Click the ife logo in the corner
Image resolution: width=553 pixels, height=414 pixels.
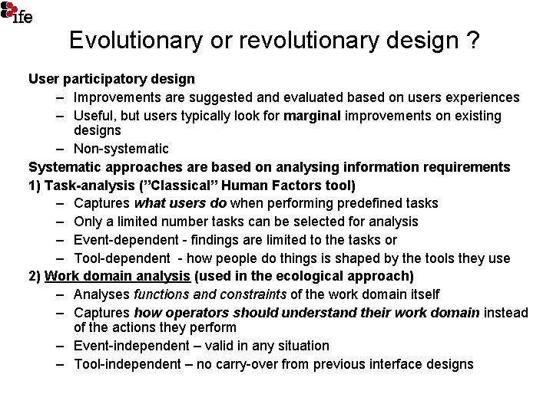click(x=17, y=12)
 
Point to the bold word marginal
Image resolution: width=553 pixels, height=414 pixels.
click(x=313, y=116)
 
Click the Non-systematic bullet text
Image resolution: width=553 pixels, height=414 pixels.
click(x=121, y=148)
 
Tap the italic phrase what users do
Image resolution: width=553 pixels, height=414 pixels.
click(x=180, y=203)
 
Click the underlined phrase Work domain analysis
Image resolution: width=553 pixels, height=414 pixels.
click(x=118, y=276)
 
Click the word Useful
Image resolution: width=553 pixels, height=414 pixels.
click(x=96, y=116)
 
